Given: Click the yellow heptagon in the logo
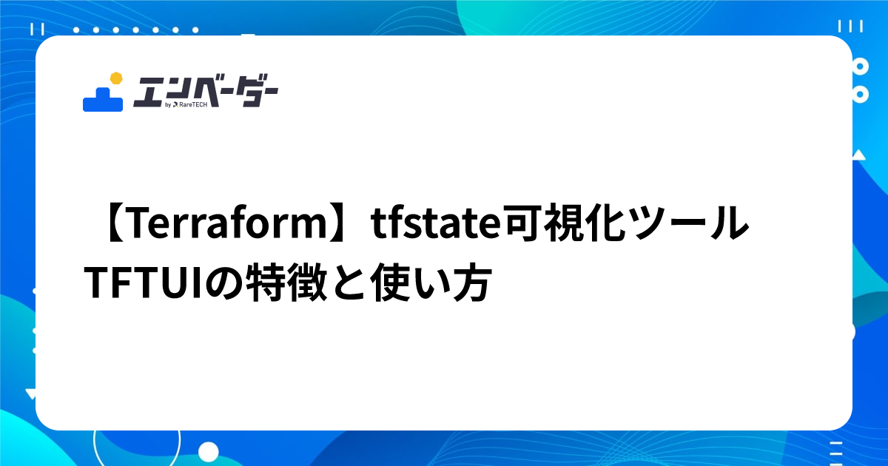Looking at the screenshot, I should pyautogui.click(x=115, y=78).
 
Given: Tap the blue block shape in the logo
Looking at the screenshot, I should pyautogui.click(x=102, y=100).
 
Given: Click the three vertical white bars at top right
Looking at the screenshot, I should pyautogui.click(x=856, y=26).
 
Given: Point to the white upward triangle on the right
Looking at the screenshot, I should pyautogui.click(x=858, y=155).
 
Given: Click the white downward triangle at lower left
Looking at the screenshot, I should pyautogui.click(x=30, y=393).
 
